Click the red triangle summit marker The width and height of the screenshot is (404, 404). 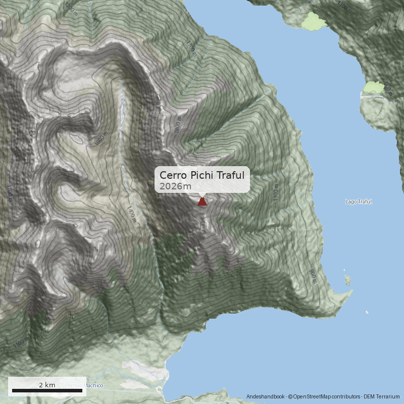coord(202,201)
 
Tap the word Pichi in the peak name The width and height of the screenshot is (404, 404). coord(201,175)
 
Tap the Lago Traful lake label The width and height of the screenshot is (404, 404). coord(358,201)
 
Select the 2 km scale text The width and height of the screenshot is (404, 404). coord(47,385)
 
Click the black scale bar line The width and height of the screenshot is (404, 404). coord(47,390)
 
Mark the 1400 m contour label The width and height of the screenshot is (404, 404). coord(131,214)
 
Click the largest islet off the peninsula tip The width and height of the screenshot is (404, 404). coord(347,279)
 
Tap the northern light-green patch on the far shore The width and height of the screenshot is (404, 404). coord(313,21)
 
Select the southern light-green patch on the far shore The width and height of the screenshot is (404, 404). coord(374,87)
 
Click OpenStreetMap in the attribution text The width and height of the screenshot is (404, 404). coord(315,396)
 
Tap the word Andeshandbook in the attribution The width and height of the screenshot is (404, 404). coord(266,396)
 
